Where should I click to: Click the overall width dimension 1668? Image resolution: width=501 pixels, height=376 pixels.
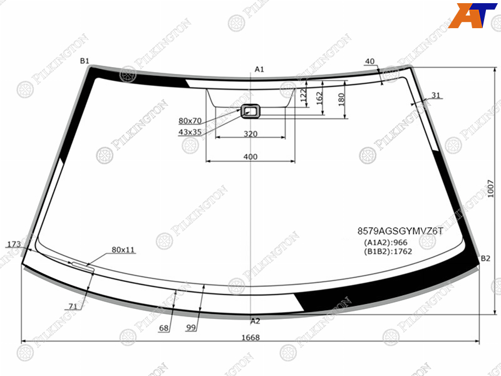250,337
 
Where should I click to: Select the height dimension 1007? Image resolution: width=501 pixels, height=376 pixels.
491,189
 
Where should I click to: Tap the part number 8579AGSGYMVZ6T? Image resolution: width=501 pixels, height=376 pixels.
400,231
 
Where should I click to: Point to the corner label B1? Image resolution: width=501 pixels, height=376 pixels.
85,61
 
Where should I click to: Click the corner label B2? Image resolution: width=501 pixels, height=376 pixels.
485,258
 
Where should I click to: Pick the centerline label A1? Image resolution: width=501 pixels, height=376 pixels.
259,69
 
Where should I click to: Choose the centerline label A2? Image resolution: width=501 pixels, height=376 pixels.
256,321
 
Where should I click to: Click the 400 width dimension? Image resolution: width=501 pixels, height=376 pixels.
250,157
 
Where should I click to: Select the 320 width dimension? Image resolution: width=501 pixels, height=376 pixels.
250,133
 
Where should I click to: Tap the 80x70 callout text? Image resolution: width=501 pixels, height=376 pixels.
190,120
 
